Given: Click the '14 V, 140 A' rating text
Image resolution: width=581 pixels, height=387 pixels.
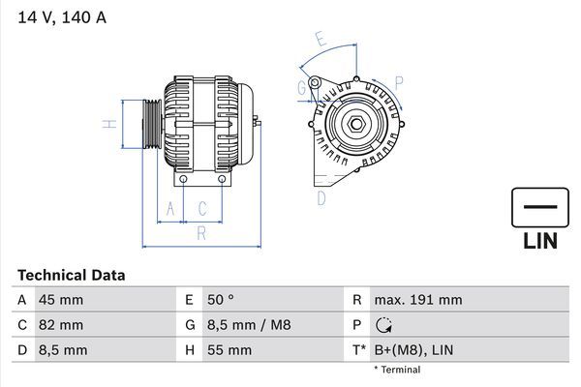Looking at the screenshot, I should point(60,15).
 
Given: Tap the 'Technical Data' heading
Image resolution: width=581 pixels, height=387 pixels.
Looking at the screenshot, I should point(71,275).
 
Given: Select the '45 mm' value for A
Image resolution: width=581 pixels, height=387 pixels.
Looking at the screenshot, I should point(60,300).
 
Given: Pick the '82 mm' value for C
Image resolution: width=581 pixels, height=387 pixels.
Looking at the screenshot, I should point(60,325).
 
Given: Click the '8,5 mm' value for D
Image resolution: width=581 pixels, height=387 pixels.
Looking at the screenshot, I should point(63,350).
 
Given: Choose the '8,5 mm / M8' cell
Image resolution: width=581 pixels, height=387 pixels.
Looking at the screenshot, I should point(249,325).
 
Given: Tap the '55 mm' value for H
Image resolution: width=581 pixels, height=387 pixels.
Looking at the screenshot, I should point(229,350).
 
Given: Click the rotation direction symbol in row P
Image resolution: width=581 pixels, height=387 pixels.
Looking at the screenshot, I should point(382,326).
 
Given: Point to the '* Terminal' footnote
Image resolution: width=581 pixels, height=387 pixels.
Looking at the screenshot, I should point(397,370).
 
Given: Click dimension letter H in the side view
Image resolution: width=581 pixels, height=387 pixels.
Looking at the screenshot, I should point(111,124).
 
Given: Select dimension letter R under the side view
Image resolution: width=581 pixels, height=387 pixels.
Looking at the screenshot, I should point(200,233).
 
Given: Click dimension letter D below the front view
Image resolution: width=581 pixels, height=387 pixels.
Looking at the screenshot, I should point(321,198).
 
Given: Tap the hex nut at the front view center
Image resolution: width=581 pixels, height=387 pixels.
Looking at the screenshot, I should point(356,123).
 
